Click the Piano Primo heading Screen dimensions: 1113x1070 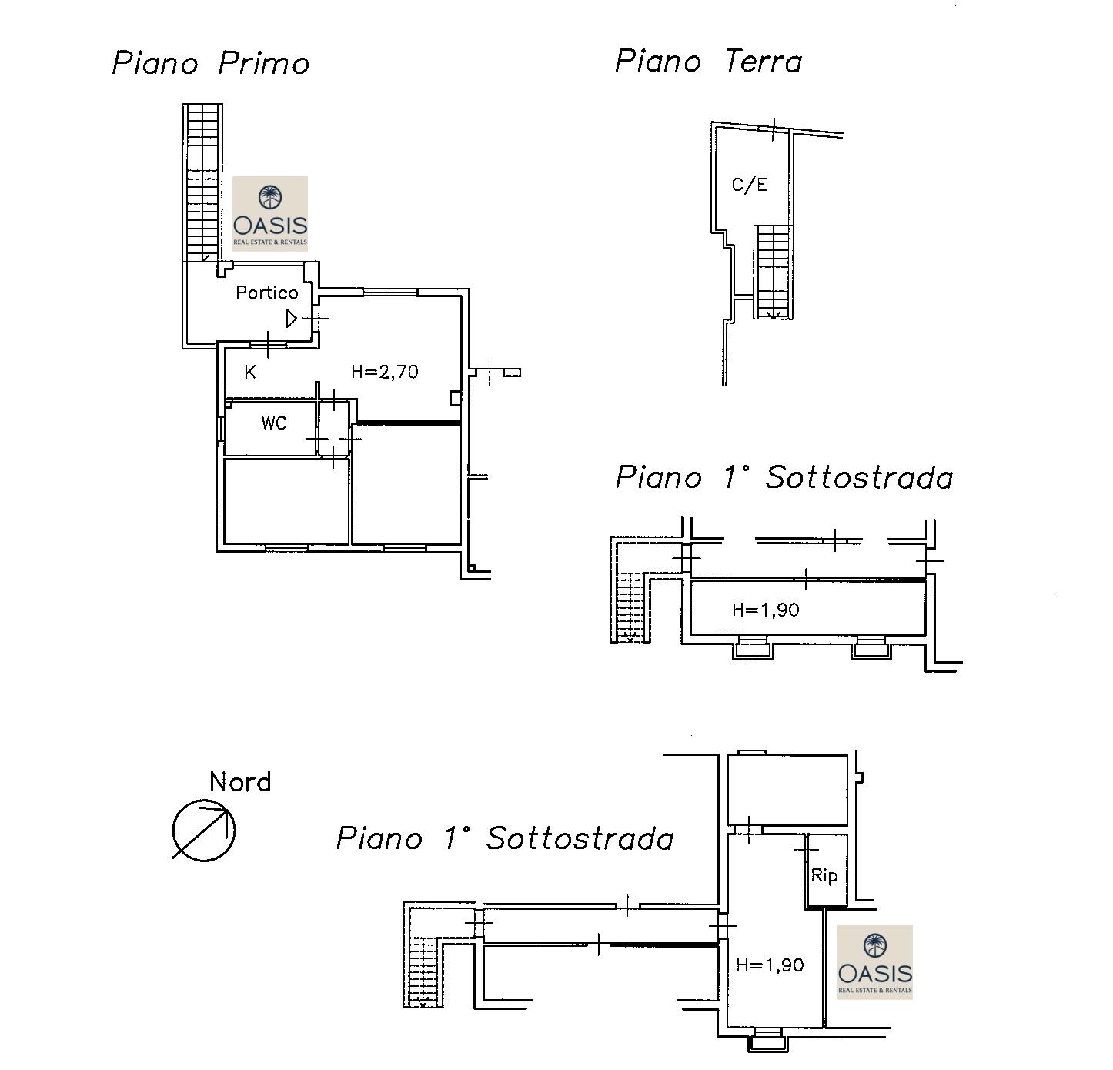210,63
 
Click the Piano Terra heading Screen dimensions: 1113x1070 708,61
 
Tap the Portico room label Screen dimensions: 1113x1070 267,293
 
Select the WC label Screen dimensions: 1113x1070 274,423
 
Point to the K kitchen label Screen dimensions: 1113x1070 250,373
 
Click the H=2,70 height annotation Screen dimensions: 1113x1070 385,373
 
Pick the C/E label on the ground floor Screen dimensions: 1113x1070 749,185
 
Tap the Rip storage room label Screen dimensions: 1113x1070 824,875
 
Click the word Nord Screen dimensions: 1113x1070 240,782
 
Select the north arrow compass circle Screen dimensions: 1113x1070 204,831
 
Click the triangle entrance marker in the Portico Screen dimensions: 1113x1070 292,319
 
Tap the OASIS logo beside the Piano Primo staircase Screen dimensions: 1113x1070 270,214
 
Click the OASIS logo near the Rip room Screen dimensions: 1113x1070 875,962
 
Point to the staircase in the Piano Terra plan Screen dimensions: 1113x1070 774,273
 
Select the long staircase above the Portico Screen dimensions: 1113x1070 203,183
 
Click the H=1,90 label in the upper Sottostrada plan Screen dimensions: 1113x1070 766,610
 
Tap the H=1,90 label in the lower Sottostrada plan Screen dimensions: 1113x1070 770,965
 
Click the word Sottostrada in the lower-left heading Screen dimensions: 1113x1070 580,839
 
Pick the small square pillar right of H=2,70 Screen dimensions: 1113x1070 455,397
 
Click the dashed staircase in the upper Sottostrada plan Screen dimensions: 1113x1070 630,606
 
